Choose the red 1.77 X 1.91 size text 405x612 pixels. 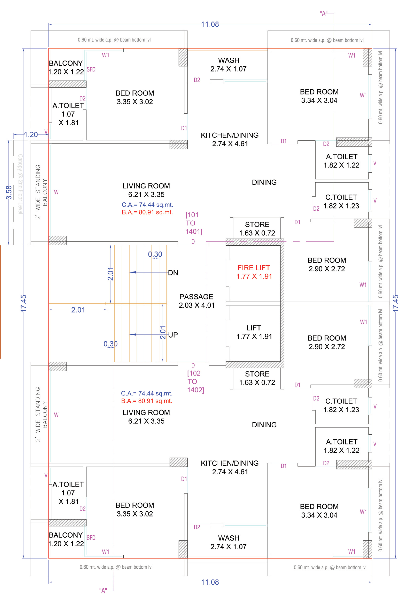254,276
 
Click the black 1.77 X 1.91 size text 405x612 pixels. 254,336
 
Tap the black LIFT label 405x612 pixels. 254,328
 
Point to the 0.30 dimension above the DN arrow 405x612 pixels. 155,254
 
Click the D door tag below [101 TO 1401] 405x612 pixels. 193,242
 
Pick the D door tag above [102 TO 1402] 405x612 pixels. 193,365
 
